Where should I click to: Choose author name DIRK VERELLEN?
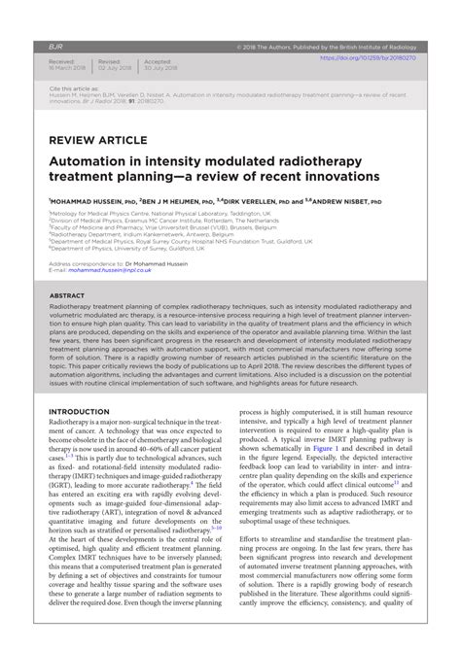point(267,200)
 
